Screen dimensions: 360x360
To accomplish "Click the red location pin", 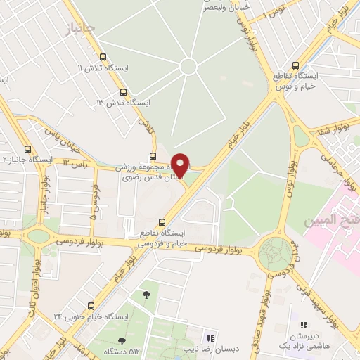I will (x=181, y=165).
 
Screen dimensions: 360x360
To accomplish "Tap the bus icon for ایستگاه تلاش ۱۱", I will (x=103, y=57).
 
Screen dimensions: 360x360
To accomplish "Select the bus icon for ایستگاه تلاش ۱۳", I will (x=124, y=92).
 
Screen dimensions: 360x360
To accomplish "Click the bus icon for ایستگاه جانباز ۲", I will (x=27, y=149).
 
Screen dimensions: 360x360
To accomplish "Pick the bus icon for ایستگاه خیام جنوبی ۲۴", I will (x=91, y=306).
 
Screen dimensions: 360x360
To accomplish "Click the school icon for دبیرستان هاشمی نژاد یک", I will (x=304, y=326).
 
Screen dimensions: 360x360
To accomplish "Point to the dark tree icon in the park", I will (x=146, y=295).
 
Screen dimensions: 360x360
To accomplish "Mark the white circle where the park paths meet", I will (x=188, y=66).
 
